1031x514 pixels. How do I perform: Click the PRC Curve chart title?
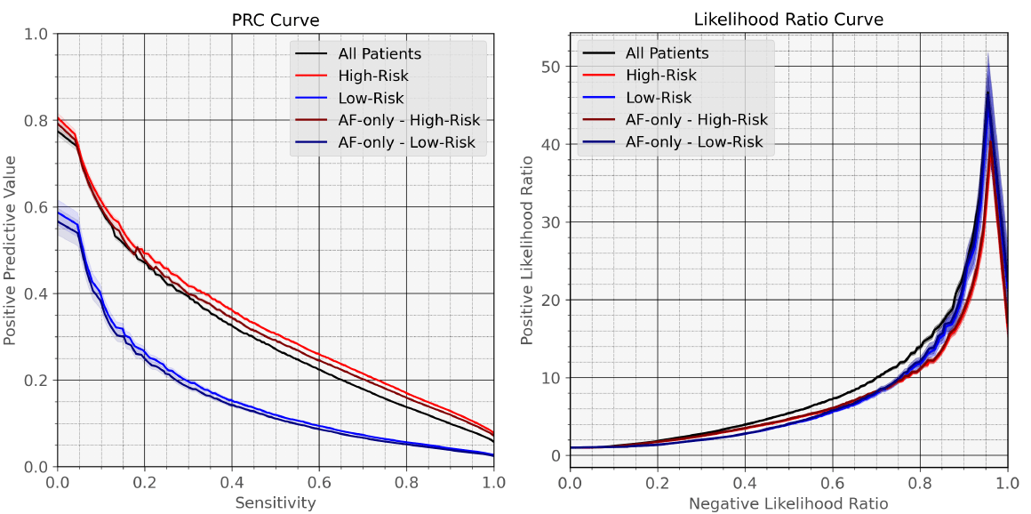tap(275, 20)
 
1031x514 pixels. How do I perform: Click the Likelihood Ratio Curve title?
tap(788, 20)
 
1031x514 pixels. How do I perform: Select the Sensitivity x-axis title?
tap(275, 502)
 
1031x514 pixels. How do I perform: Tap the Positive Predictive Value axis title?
tap(11, 250)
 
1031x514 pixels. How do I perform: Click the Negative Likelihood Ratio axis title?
tap(788, 502)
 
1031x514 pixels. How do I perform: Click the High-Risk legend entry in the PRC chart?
tap(373, 76)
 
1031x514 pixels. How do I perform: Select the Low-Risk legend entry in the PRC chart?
tap(372, 98)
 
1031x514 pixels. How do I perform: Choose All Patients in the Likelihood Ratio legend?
tap(667, 53)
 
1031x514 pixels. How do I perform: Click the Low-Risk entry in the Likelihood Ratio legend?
tap(659, 98)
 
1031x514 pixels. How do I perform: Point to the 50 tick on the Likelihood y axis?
tap(550, 67)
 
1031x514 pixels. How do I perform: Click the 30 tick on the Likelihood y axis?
tap(550, 222)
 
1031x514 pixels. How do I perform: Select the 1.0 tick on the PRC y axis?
tap(36, 34)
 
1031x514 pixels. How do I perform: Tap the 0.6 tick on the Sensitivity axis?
tap(319, 483)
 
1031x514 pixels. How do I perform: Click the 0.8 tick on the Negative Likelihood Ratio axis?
tap(920, 483)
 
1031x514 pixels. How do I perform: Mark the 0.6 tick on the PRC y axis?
tap(36, 207)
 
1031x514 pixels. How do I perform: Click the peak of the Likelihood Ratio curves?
tap(987, 92)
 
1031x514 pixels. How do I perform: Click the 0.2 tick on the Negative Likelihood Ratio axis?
tap(658, 483)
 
